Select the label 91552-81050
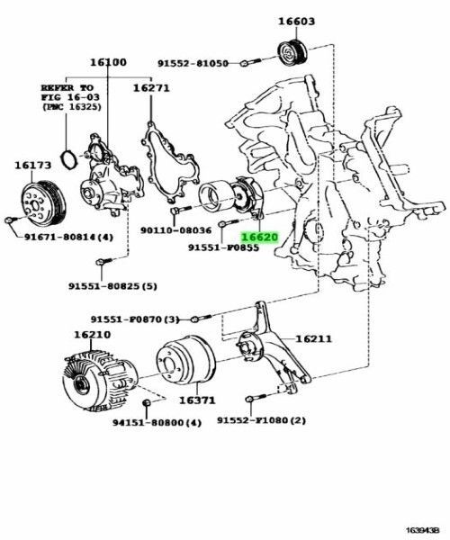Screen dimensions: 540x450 tap(193, 63)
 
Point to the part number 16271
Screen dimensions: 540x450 tap(152, 88)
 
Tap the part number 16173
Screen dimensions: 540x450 tap(32, 165)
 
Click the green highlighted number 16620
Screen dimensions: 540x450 tap(262, 238)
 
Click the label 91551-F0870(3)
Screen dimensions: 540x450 tap(135, 319)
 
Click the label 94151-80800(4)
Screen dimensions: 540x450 tap(157, 421)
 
